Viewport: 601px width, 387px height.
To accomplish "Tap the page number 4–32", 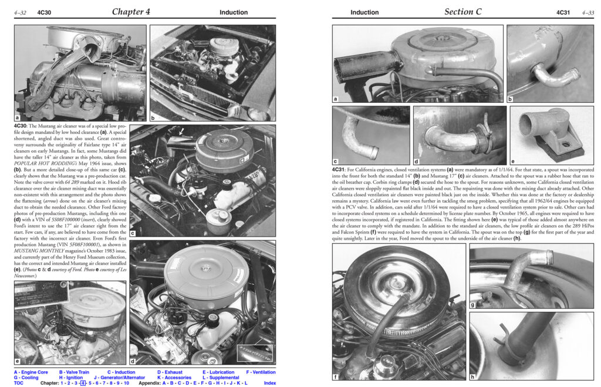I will coord(21,12).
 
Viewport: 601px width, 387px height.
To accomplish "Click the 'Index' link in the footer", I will coord(270,383).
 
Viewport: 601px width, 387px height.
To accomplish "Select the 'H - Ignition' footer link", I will coord(71,378).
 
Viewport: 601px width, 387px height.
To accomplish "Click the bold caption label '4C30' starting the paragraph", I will coord(23,126).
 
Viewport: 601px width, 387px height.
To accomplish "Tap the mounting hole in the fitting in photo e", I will coord(566,143).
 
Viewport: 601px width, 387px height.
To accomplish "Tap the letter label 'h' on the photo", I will coord(472,376).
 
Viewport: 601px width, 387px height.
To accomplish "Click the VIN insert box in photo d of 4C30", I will coord(254,352).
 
